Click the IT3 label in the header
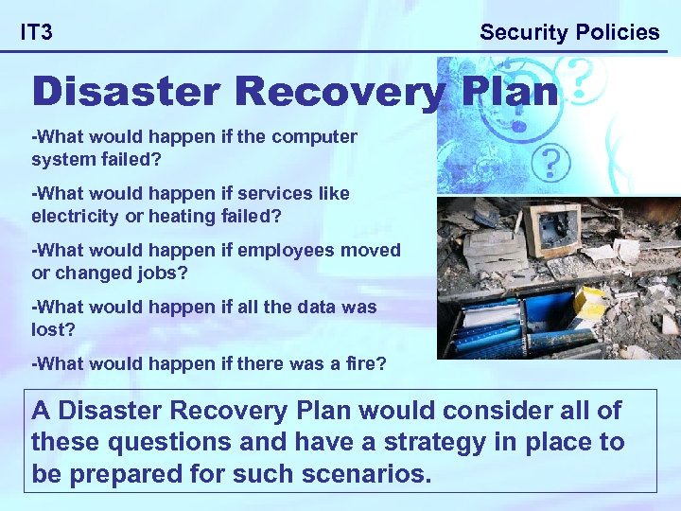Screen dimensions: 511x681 pyautogui.click(x=37, y=33)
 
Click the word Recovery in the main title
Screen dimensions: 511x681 pyautogui.click(x=338, y=92)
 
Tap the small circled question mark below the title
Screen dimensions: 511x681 pyautogui.click(x=550, y=163)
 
